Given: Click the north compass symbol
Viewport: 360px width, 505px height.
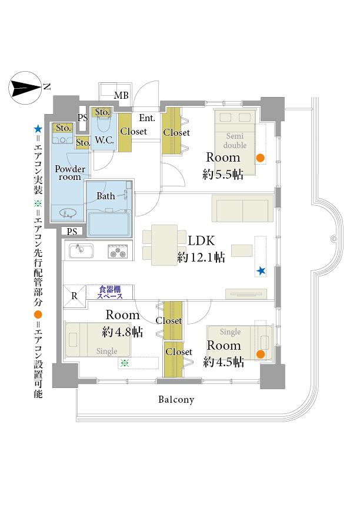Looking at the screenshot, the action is (25, 88).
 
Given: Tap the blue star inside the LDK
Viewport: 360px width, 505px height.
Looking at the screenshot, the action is (261, 271).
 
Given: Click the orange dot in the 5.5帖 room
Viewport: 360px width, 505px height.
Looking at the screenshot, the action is (261, 158).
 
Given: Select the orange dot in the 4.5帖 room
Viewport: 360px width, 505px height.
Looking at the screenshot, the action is (261, 354).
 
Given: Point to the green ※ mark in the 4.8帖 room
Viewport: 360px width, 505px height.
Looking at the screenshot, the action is (125, 363).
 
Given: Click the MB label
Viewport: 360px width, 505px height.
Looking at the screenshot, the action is (121, 95).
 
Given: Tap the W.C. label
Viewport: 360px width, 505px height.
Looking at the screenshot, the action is (104, 141).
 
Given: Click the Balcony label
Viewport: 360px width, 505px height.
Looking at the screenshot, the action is (176, 400).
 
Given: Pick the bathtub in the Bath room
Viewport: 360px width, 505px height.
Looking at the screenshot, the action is (109, 223).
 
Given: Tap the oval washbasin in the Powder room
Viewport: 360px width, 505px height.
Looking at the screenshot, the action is (68, 213).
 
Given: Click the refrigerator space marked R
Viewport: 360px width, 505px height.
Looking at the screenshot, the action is (75, 296).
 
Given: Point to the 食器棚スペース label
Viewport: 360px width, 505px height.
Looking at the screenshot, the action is (110, 292).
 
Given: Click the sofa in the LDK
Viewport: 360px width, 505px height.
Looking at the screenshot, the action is (242, 208).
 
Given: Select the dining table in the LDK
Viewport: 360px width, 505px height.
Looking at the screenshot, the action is (164, 245).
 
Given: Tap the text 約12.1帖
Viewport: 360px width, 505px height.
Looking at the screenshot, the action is (201, 257).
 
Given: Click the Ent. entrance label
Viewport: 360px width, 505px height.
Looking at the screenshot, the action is (147, 118).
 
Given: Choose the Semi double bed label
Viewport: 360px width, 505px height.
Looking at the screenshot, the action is (235, 141).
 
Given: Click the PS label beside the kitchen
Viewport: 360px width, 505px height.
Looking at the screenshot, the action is (72, 232).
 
